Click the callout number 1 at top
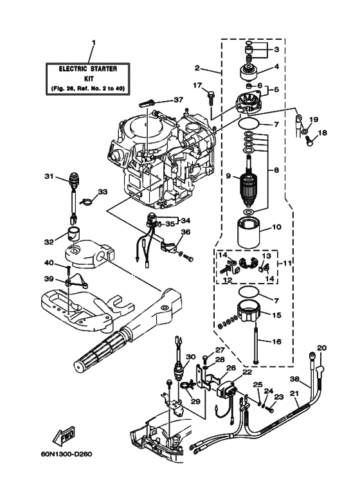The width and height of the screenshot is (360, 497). click(93, 44)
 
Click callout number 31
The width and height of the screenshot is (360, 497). click(48, 176)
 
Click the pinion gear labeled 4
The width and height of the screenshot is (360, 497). click(248, 71)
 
